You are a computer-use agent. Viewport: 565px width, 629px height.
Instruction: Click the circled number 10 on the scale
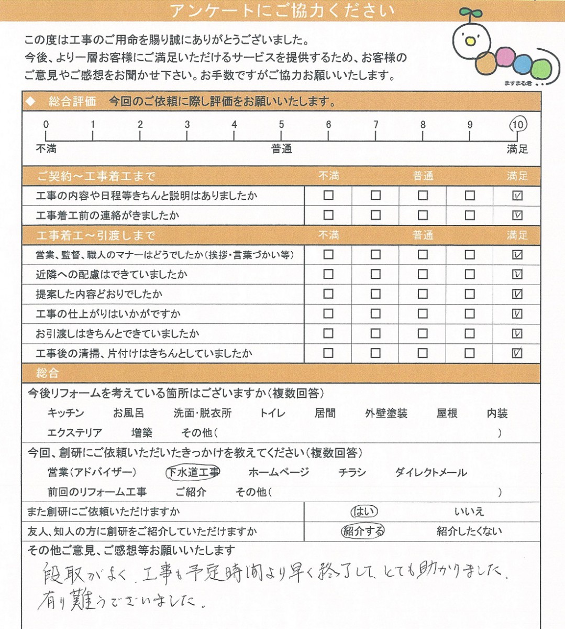(x=517, y=125)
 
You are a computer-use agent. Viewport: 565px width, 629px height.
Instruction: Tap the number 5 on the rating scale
(x=281, y=125)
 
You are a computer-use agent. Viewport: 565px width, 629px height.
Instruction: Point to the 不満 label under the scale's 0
(x=46, y=149)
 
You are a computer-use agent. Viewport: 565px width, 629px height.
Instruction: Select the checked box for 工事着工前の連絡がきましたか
(x=517, y=215)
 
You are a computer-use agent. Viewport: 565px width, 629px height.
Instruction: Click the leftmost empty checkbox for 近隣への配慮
(x=328, y=274)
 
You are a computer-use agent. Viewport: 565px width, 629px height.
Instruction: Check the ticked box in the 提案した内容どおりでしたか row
(x=517, y=294)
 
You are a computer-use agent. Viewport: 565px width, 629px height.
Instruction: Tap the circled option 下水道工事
(x=193, y=473)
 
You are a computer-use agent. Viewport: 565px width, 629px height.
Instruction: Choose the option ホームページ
(x=279, y=473)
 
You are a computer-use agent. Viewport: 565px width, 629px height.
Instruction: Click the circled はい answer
(x=364, y=512)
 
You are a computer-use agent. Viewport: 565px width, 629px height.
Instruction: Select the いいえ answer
(x=469, y=512)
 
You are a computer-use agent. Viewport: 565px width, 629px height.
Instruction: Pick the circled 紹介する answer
(x=363, y=532)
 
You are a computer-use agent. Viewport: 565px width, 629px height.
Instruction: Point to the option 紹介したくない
(x=469, y=532)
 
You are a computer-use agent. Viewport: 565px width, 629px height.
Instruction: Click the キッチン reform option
(x=65, y=414)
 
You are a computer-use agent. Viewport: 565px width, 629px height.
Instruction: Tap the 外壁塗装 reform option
(x=386, y=414)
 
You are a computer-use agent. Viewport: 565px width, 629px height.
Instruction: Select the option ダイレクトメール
(x=430, y=473)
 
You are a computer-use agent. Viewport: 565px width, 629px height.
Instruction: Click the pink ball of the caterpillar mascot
(x=505, y=57)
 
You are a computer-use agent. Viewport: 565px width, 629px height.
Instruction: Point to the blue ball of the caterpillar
(x=523, y=64)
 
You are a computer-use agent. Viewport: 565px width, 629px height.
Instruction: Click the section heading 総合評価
(x=72, y=102)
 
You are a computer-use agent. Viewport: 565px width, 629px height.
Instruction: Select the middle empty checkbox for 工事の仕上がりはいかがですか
(x=423, y=313)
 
